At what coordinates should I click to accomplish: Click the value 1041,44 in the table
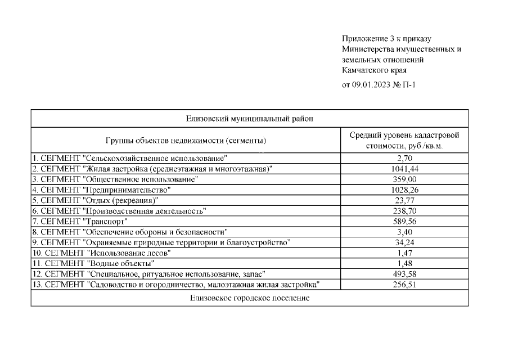[405, 169]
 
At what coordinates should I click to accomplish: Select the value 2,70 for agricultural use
[405, 159]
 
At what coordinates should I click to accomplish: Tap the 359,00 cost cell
[405, 179]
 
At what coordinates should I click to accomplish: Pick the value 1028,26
[405, 190]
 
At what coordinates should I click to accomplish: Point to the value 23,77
[405, 200]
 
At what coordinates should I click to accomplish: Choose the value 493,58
[405, 274]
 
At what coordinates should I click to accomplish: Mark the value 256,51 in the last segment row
[405, 285]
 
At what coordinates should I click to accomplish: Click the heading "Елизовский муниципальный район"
[249, 119]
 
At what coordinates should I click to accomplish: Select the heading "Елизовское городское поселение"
[249, 298]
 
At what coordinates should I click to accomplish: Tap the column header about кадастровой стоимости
[404, 140]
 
